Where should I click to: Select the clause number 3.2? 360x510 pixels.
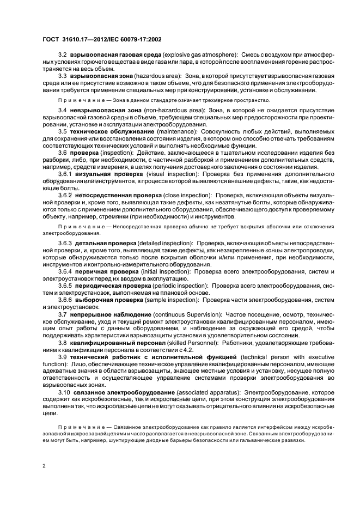click(x=63, y=55)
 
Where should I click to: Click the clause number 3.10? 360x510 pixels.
click(x=64, y=392)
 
